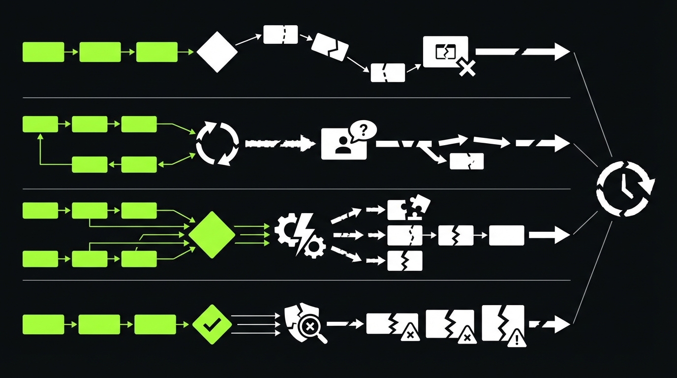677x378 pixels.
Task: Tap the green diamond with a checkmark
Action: click(x=212, y=324)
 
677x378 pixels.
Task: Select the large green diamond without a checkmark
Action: click(x=212, y=235)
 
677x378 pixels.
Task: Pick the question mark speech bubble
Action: click(x=363, y=130)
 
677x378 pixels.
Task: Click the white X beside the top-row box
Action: click(x=466, y=68)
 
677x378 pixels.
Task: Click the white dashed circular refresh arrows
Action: click(x=217, y=143)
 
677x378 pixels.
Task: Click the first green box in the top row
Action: click(x=43, y=52)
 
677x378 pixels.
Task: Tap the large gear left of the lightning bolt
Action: click(x=285, y=230)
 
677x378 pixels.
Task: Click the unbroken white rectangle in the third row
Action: click(x=506, y=235)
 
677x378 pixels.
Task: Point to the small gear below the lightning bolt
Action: click(x=313, y=247)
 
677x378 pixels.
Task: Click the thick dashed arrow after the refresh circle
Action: click(x=279, y=143)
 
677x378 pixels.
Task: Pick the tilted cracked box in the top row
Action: click(x=330, y=47)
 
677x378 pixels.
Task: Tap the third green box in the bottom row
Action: click(x=155, y=325)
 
